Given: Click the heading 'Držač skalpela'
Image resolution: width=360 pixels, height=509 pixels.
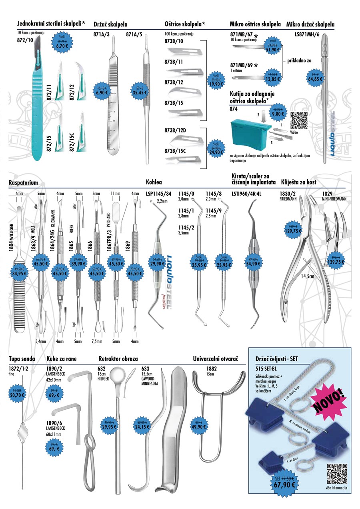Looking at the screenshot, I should pos(110,24).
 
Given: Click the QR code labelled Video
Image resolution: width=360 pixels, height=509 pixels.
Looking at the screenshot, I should pos(299,120).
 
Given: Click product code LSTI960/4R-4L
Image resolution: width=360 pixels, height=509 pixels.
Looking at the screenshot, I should pos(246,194).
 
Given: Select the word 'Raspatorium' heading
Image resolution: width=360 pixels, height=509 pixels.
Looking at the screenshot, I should pos(23,182).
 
